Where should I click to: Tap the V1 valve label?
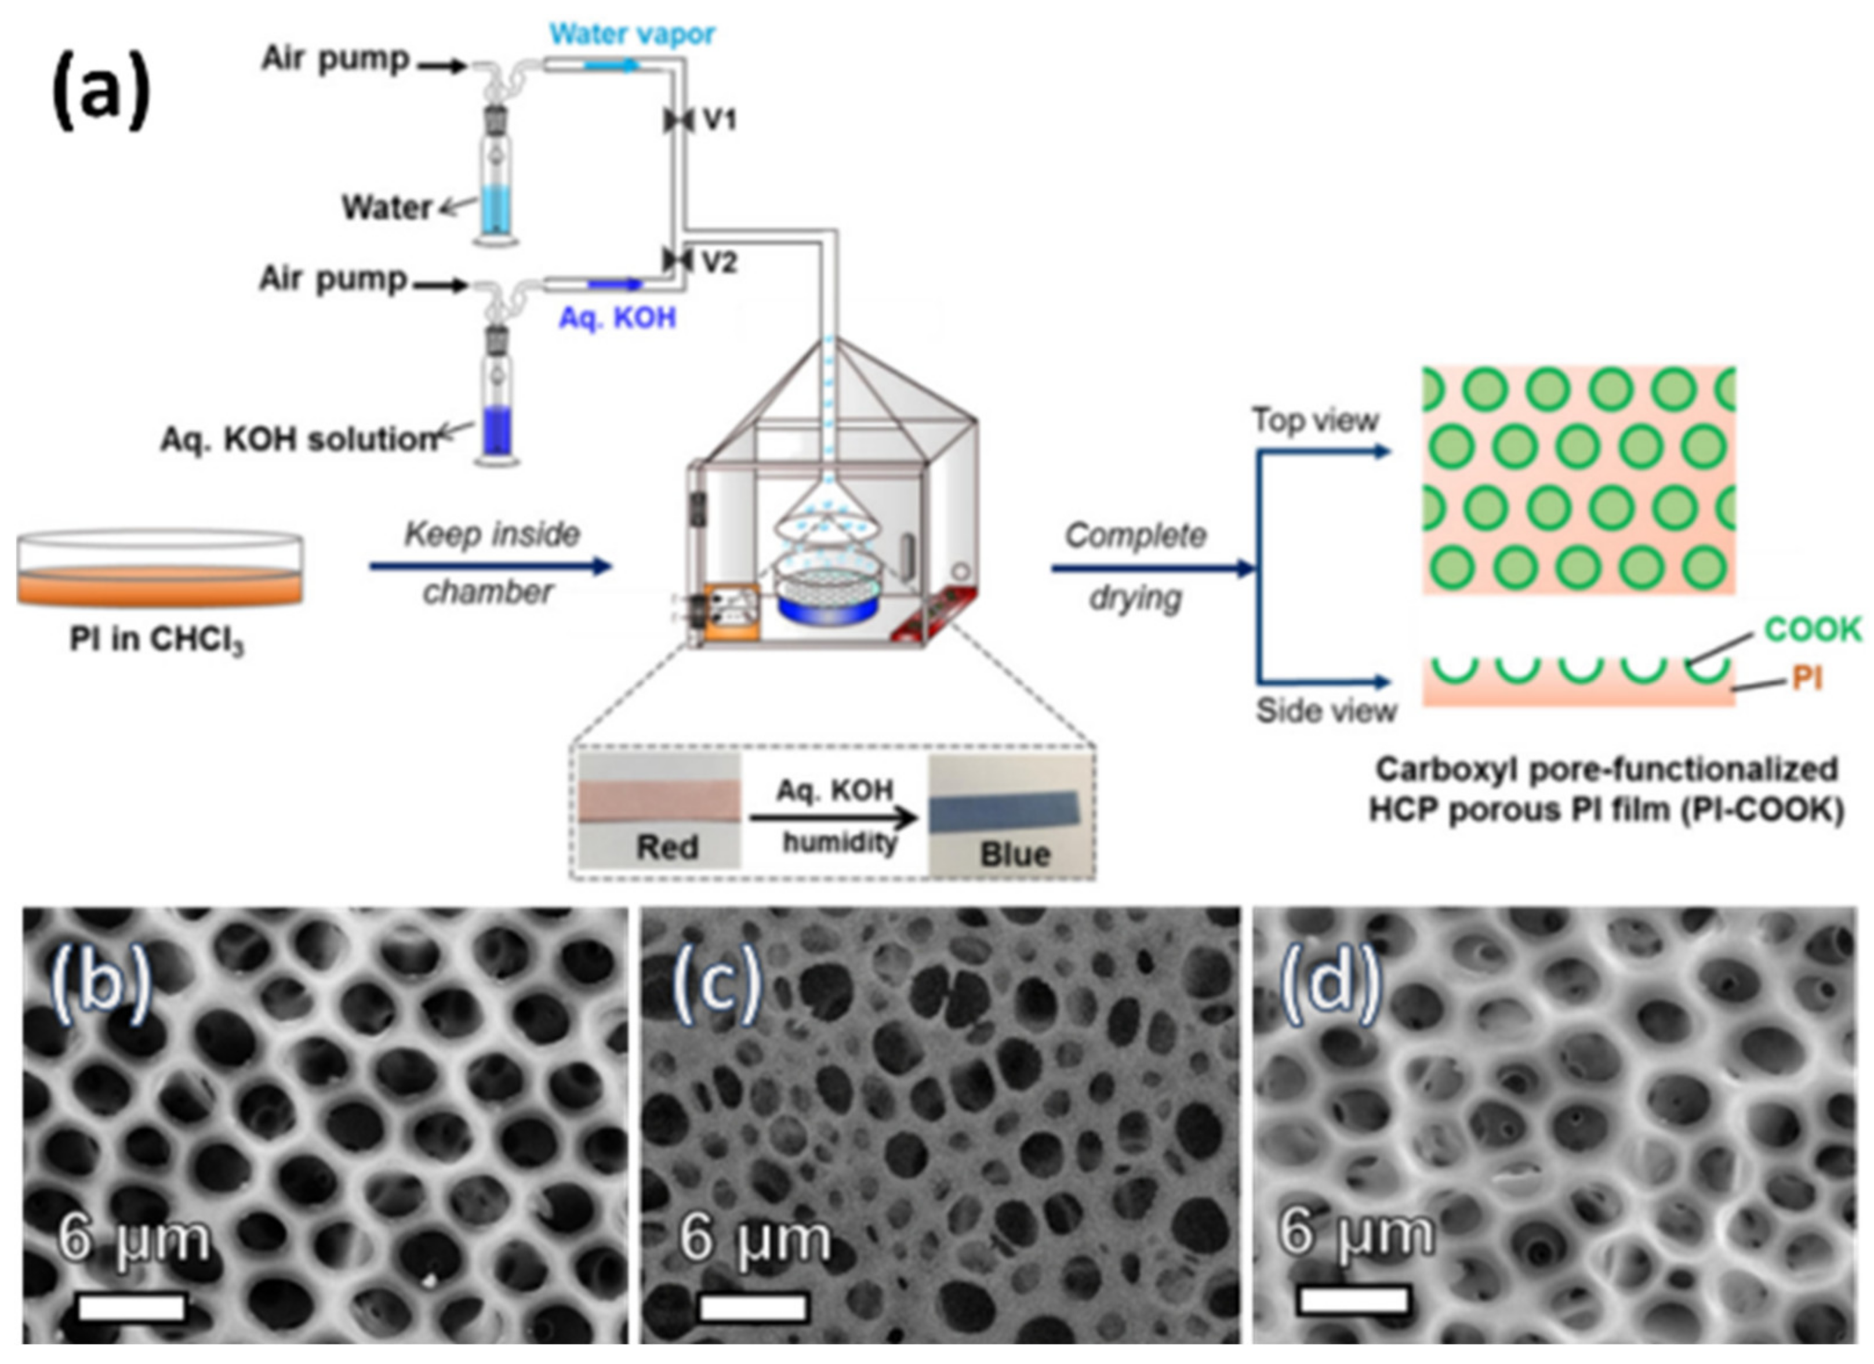click(719, 121)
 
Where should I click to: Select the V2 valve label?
click(719, 262)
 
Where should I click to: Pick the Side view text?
click(1326, 710)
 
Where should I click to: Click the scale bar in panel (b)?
click(132, 1307)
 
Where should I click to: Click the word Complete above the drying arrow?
click(1135, 536)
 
